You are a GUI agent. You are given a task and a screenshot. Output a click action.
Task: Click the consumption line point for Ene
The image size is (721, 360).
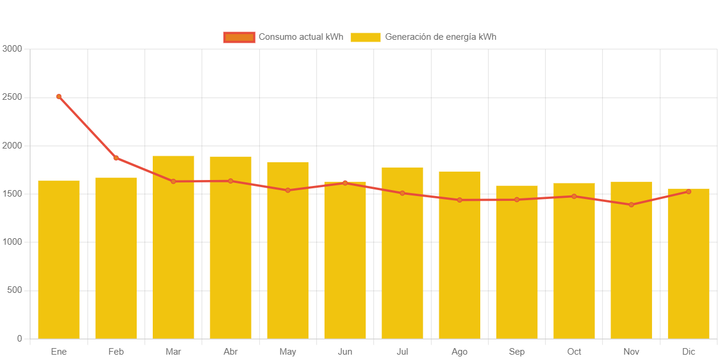59,96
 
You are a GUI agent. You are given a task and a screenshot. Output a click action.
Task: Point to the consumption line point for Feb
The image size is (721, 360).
117,158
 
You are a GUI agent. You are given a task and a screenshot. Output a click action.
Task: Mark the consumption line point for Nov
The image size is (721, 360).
631,205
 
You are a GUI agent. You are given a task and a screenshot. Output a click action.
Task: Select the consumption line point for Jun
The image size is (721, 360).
345,183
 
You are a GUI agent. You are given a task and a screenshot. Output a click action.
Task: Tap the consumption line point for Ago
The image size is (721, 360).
459,200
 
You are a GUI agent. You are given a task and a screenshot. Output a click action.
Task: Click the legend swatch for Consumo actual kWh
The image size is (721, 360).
239,37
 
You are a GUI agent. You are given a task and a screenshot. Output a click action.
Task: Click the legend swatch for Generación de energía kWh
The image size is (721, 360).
366,37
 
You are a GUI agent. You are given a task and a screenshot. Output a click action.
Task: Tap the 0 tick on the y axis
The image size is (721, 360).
19,339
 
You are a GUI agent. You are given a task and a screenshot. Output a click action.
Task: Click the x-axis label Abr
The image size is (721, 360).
231,352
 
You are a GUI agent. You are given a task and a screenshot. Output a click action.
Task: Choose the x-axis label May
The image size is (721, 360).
288,352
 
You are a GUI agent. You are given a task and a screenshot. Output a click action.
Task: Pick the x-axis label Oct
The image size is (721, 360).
574,352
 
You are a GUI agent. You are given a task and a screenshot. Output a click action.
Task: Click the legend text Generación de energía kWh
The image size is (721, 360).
440,37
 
